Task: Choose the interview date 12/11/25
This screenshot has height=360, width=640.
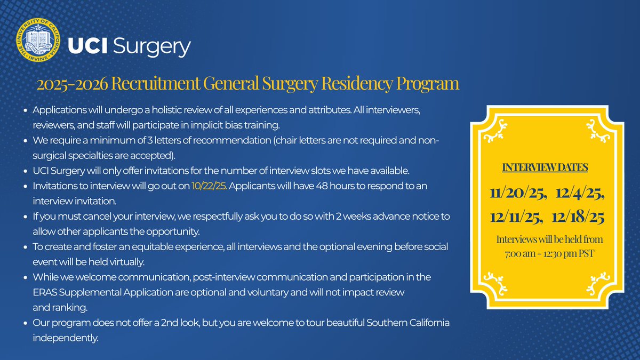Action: click(516, 217)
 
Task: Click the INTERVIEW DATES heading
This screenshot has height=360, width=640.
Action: click(545, 167)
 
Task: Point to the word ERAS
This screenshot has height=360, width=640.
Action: click(45, 293)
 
